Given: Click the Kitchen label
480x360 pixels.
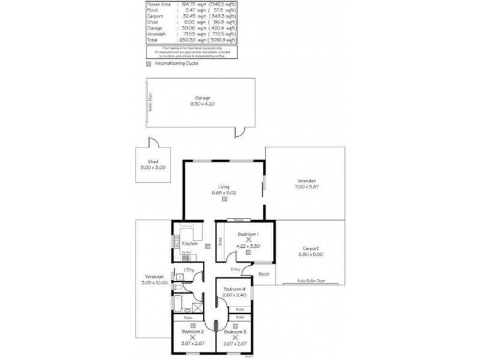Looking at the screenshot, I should click(190, 244).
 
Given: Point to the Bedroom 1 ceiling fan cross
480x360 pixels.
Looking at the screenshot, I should click(248, 239).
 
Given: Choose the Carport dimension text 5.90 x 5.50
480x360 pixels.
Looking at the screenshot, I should click(311, 254).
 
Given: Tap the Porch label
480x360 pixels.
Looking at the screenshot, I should click(263, 274).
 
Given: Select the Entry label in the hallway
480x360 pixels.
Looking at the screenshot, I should click(235, 269).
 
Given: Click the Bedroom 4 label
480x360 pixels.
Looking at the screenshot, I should click(235, 289).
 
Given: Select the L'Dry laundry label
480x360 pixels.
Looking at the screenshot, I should click(189, 269).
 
